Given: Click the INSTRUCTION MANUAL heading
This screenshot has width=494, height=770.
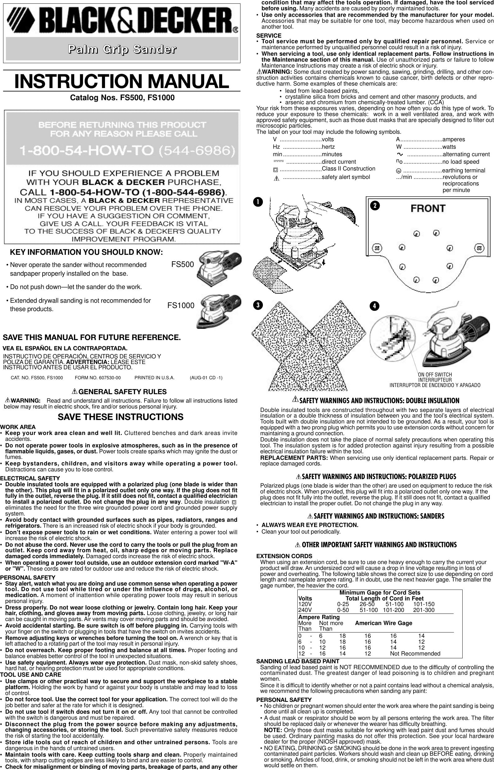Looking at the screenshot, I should click(122, 81).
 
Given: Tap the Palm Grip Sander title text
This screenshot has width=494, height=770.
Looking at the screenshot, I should click(122, 50).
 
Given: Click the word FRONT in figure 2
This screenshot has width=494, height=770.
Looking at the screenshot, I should click(428, 208).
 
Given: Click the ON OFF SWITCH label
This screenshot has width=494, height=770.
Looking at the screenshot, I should click(435, 375).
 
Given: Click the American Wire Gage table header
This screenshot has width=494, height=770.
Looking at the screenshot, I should click(383, 623).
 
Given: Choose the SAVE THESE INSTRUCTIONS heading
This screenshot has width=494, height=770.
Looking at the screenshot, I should click(121, 417).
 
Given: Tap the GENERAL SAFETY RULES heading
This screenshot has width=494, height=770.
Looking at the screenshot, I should click(122, 392).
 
